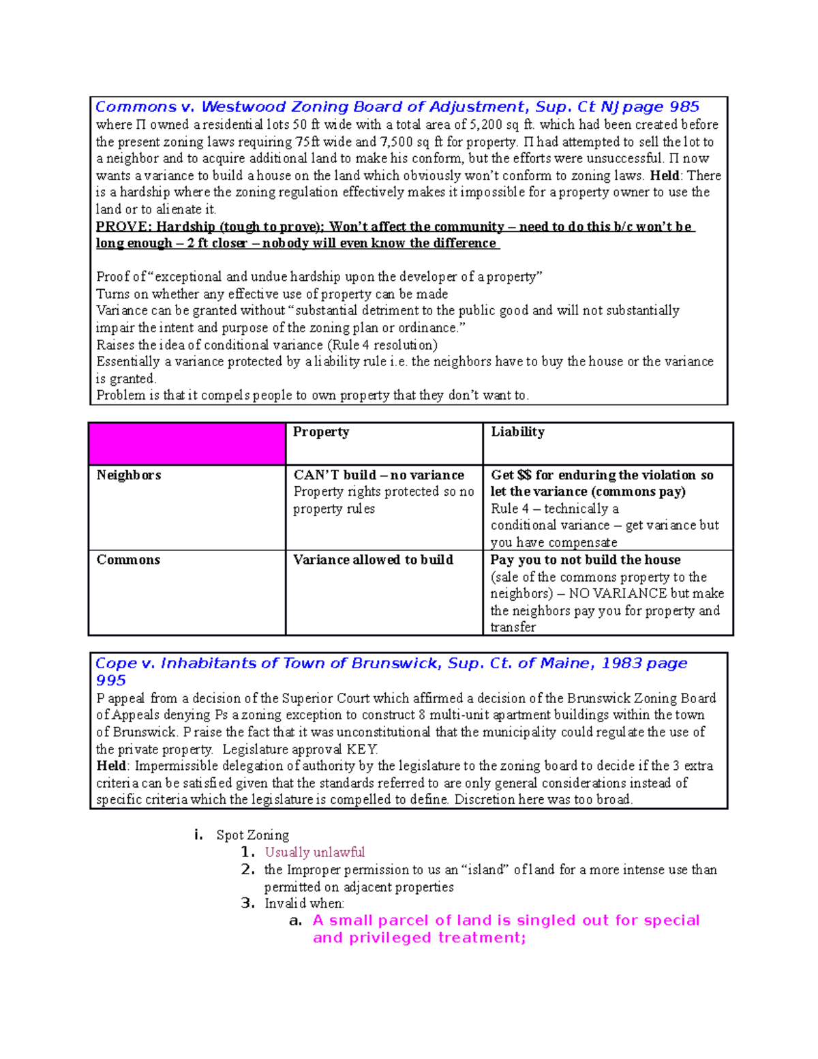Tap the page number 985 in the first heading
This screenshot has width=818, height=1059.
point(684,107)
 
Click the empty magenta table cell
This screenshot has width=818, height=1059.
point(187,444)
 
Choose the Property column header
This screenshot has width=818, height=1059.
point(321,432)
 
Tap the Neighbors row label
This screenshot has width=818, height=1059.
point(129,475)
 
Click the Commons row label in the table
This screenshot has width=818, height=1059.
point(128,560)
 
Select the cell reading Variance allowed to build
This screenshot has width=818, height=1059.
point(373,560)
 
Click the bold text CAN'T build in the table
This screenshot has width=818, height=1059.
point(335,475)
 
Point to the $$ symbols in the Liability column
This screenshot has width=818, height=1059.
point(524,475)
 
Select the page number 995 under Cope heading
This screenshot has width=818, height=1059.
point(110,681)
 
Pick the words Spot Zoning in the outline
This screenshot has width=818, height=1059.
point(252,835)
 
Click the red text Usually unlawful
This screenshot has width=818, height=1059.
point(314,852)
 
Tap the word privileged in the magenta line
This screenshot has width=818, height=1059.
point(391,938)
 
